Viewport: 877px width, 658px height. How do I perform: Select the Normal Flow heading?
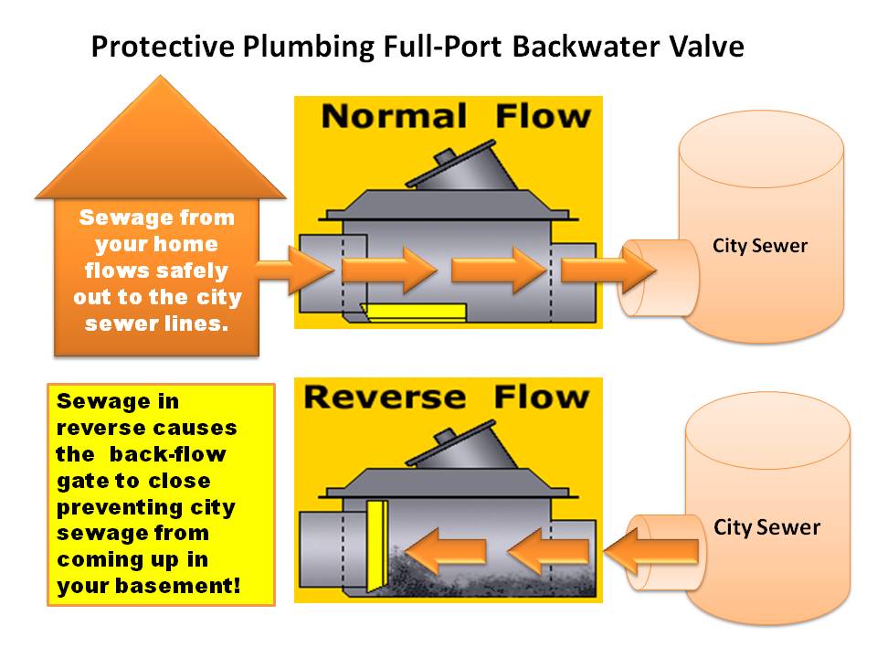pyautogui.click(x=456, y=117)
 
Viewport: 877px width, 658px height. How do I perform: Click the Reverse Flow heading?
pyautogui.click(x=447, y=398)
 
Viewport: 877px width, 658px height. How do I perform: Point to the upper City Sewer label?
pyautogui.click(x=760, y=246)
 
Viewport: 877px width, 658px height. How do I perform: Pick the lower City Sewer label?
pyautogui.click(x=766, y=527)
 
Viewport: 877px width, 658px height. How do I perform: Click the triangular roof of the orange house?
pyautogui.click(x=162, y=146)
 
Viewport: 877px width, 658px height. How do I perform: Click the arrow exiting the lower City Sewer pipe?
pyautogui.click(x=653, y=550)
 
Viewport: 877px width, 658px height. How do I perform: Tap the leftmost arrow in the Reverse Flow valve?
pyautogui.click(x=446, y=550)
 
